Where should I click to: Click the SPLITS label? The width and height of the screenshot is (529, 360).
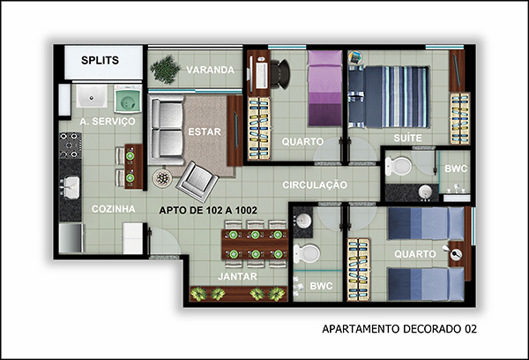tap(100, 60)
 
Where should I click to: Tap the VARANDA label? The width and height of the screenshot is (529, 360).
tap(210, 70)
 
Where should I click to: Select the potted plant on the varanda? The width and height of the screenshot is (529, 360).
tap(165, 70)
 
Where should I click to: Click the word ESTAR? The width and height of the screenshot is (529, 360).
tap(205, 131)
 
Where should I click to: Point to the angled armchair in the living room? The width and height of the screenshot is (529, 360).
tap(197, 182)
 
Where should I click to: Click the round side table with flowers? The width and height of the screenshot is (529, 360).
tap(162, 177)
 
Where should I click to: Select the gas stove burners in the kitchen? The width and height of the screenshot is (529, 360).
tap(71, 146)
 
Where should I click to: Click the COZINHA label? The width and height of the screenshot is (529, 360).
tap(114, 209)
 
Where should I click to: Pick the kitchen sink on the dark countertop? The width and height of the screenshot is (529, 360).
tap(71, 187)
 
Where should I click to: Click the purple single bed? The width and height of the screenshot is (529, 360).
tap(324, 88)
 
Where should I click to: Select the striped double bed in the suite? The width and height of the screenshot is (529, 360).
tap(388, 97)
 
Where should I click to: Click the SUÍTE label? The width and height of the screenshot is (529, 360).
tap(407, 138)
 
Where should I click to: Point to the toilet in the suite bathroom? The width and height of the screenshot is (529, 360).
tap(399, 166)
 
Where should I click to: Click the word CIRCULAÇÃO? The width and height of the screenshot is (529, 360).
tap(315, 185)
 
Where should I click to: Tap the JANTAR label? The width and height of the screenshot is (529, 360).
tap(237, 276)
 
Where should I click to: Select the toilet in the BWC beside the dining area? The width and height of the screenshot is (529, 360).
tap(306, 253)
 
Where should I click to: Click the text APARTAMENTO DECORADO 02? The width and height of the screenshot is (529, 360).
tap(399, 329)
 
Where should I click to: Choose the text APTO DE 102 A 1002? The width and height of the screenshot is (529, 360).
tap(208, 210)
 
